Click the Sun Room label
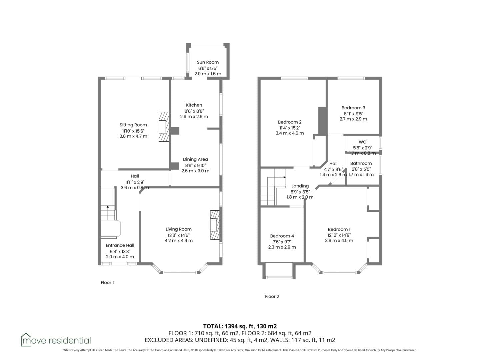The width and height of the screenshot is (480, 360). click(208, 62)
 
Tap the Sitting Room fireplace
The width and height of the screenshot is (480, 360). click(164, 127)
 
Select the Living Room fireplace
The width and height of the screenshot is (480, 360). click(215, 225)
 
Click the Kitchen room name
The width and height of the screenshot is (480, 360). click(194, 105)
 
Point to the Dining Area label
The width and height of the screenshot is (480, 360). click(195, 159)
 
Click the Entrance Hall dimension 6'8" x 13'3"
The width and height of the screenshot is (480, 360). click(120, 251)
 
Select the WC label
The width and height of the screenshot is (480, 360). click(362, 142)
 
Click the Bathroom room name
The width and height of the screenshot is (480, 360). click(361, 163)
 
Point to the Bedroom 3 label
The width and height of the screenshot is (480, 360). click(353, 108)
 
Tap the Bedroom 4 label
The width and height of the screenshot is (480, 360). click(282, 236)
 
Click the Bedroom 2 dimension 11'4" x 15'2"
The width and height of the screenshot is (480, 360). click(290, 128)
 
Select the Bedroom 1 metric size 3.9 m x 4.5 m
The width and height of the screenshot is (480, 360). click(339, 240)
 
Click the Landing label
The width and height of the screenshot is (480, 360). click(300, 186)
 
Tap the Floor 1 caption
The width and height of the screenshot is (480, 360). click(107, 283)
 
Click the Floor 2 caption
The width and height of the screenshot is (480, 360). click(272, 297)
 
